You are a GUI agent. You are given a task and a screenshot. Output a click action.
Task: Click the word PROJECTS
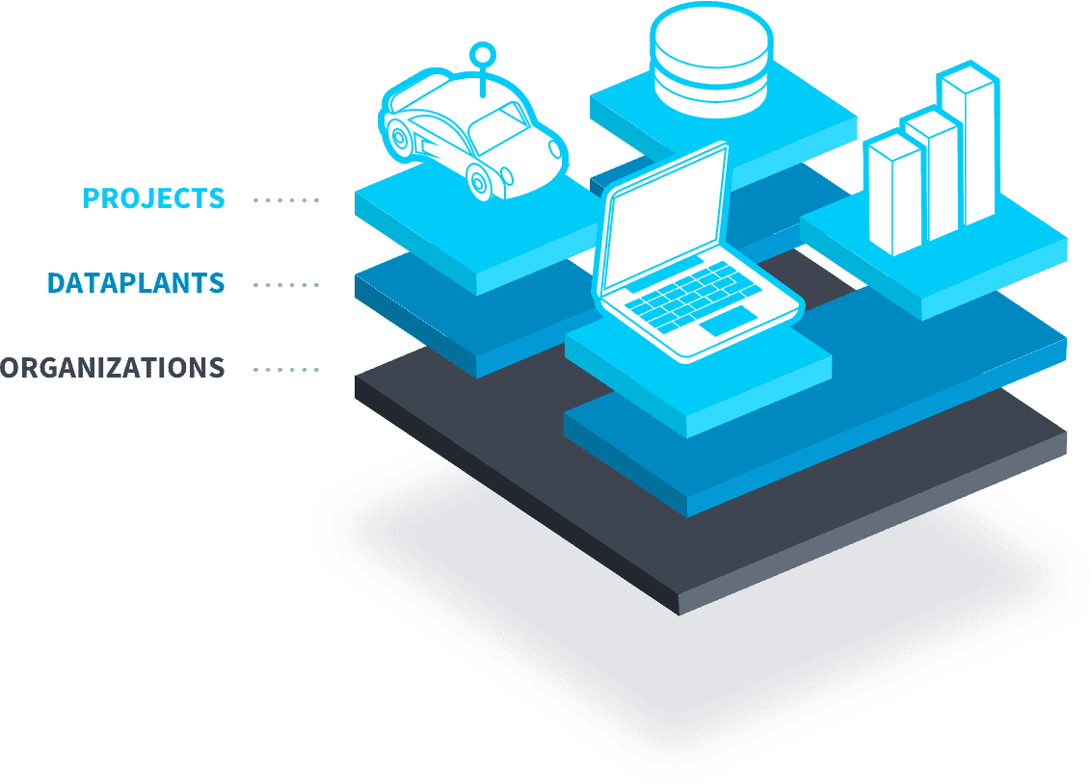point(154,198)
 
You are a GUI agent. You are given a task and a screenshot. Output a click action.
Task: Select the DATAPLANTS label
point(136,283)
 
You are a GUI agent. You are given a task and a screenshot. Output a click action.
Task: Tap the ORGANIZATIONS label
point(113,368)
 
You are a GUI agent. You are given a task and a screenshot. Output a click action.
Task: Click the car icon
point(473,136)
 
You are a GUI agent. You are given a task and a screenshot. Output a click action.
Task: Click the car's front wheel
point(479,182)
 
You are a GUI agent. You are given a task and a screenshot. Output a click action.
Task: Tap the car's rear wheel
point(398,136)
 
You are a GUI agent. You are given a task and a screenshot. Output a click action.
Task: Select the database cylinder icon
point(711,60)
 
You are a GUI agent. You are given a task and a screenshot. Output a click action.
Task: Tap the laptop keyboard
point(690,296)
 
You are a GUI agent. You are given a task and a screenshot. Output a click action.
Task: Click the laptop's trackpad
point(727,321)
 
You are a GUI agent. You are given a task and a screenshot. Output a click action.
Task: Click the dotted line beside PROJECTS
point(286,200)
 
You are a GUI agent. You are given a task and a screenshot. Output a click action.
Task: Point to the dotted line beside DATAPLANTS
point(286,285)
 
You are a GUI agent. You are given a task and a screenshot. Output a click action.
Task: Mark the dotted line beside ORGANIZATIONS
point(286,370)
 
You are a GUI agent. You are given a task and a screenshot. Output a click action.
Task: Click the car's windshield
point(498,130)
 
